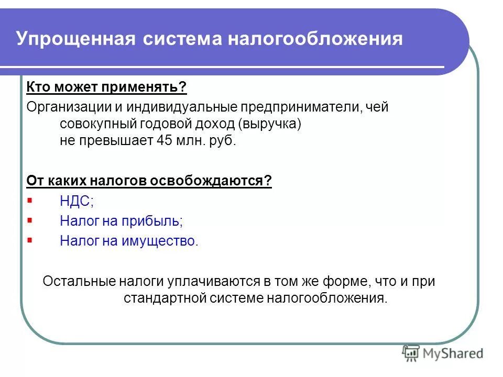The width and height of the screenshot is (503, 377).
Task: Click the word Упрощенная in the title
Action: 73,40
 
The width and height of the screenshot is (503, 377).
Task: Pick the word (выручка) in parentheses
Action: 269,124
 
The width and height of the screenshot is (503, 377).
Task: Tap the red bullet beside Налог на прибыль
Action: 29,220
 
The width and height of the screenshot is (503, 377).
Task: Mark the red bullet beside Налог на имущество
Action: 29,240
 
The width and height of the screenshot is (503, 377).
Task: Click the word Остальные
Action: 79,281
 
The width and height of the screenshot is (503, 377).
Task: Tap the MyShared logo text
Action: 454,353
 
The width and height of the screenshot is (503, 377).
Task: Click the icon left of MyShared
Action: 411,353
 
